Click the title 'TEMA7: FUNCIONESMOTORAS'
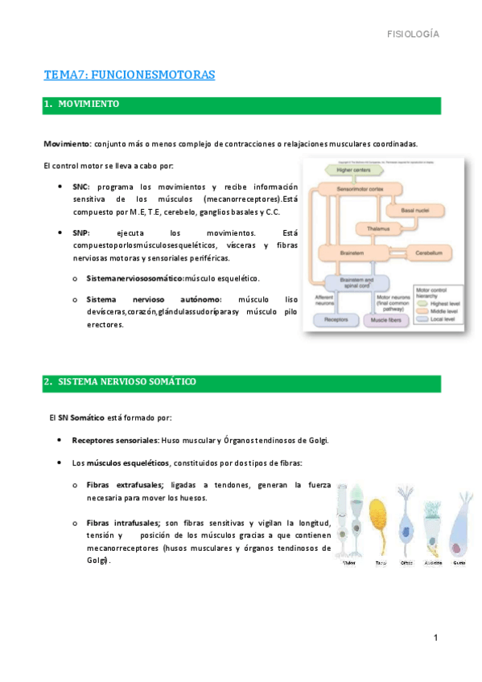click(x=130, y=76)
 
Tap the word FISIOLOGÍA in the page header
click(x=413, y=34)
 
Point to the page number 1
click(x=435, y=639)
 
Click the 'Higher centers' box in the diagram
click(x=356, y=170)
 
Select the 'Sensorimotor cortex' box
click(x=357, y=188)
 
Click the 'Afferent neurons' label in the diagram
click(x=324, y=299)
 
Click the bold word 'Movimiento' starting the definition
click(x=67, y=144)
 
